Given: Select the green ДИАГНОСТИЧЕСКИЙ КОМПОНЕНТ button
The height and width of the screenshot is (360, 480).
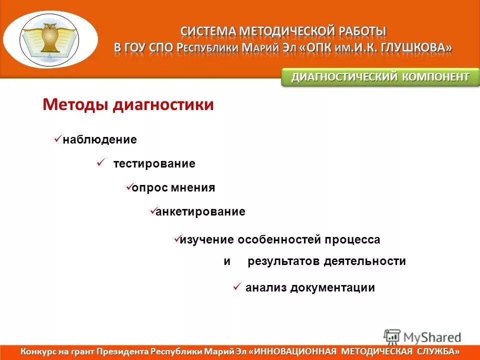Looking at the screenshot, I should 380,77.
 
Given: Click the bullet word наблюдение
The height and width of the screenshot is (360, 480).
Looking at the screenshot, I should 99,140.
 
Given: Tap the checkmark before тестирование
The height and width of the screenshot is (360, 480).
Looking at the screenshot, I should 99,162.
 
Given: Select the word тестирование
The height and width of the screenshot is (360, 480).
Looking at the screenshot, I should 154,164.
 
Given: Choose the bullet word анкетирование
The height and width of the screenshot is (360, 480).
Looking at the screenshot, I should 200,212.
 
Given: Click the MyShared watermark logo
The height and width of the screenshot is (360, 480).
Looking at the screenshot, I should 422,336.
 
